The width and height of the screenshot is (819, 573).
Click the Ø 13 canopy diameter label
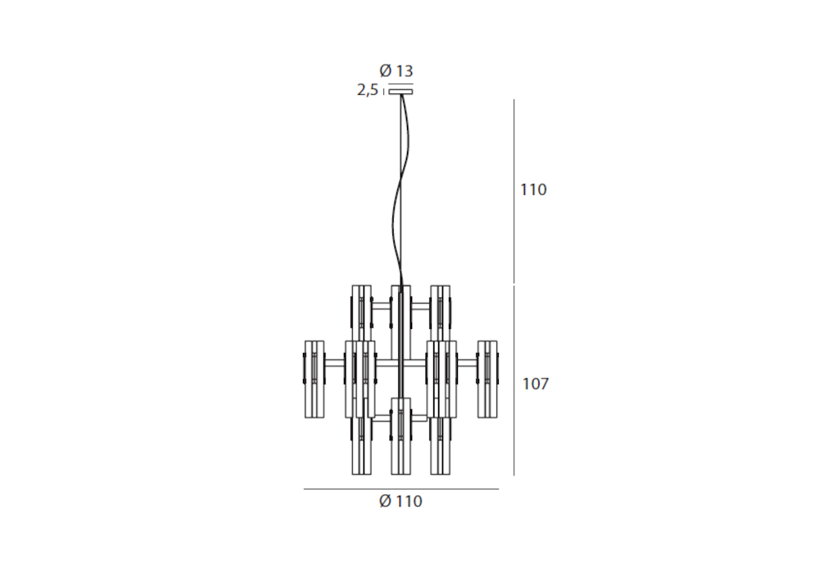(x=396, y=70)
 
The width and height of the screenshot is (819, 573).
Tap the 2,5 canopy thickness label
(x=368, y=90)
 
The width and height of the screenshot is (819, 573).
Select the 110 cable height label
(x=533, y=189)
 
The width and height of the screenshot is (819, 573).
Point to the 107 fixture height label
(x=536, y=384)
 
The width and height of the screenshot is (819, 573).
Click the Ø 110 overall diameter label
(x=400, y=501)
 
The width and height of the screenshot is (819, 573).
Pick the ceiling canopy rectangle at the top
(x=400, y=92)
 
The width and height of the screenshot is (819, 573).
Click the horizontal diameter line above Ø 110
(x=401, y=489)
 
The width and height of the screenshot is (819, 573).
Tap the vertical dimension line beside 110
(x=514, y=191)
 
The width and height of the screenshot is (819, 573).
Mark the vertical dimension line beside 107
(x=514, y=380)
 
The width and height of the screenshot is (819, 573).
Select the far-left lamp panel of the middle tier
(x=314, y=379)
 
